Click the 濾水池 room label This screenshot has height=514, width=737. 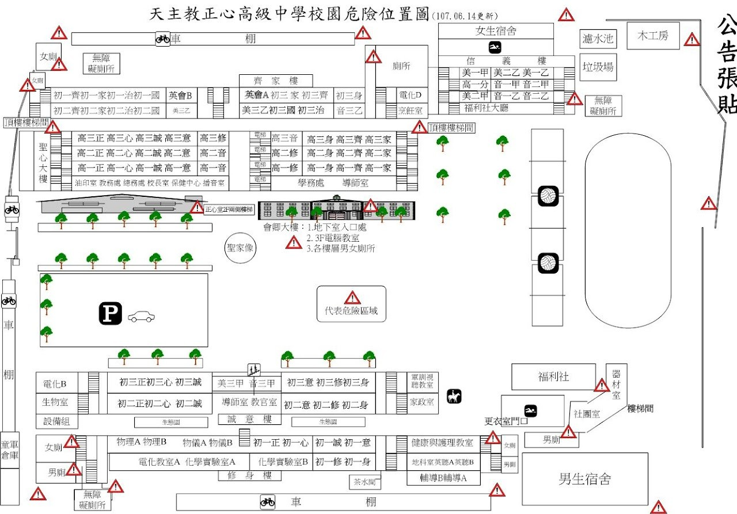[x=598, y=39]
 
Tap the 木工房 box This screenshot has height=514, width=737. [x=653, y=36]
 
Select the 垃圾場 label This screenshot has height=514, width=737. [x=598, y=67]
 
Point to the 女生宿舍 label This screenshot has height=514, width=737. [x=496, y=31]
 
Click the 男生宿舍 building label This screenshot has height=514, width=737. [x=584, y=479]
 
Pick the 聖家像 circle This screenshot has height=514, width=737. [x=240, y=248]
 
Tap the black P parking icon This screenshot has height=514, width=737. [x=110, y=314]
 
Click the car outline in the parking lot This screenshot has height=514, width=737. [x=141, y=317]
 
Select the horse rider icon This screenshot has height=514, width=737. [x=454, y=396]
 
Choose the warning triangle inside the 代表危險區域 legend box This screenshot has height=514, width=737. [x=352, y=298]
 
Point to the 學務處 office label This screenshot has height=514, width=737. [x=311, y=183]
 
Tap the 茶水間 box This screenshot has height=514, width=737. [x=364, y=481]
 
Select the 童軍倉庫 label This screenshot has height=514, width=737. [x=9, y=450]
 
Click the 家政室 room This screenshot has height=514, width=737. [x=421, y=402]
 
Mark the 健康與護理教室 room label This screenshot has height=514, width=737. [x=442, y=443]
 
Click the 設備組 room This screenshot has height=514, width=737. [x=56, y=421]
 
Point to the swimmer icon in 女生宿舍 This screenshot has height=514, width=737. [x=495, y=47]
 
